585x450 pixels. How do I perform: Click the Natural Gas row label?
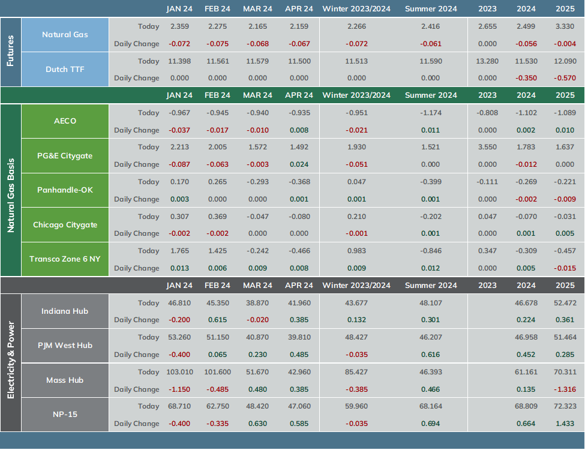coord(65,35)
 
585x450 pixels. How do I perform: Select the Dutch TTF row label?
coord(65,70)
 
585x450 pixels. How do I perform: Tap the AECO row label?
coord(65,121)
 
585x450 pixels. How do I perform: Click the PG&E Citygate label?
coord(65,155)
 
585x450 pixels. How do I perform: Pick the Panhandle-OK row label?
coord(65,190)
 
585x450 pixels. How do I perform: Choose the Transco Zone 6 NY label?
coord(65,259)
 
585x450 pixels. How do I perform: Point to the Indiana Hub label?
coord(65,311)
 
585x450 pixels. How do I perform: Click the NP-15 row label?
coord(65,414)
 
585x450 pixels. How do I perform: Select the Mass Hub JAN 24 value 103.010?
coord(179,372)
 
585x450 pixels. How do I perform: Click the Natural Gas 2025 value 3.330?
coord(565,26)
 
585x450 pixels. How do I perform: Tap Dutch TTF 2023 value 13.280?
coord(487,61)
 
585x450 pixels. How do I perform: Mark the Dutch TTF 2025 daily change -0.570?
coord(565,78)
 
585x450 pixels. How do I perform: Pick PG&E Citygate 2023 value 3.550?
coord(487,147)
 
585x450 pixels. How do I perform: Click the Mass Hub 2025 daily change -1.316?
coord(565,389)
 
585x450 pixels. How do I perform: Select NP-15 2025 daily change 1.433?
coord(565,424)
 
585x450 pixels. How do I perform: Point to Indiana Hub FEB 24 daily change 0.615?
coord(218,320)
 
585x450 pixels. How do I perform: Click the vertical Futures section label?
coord(10,51)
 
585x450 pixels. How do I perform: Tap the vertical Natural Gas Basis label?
coord(10,195)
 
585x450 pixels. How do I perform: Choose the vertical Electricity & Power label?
coord(10,360)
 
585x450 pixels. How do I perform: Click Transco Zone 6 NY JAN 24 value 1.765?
coord(179,251)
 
